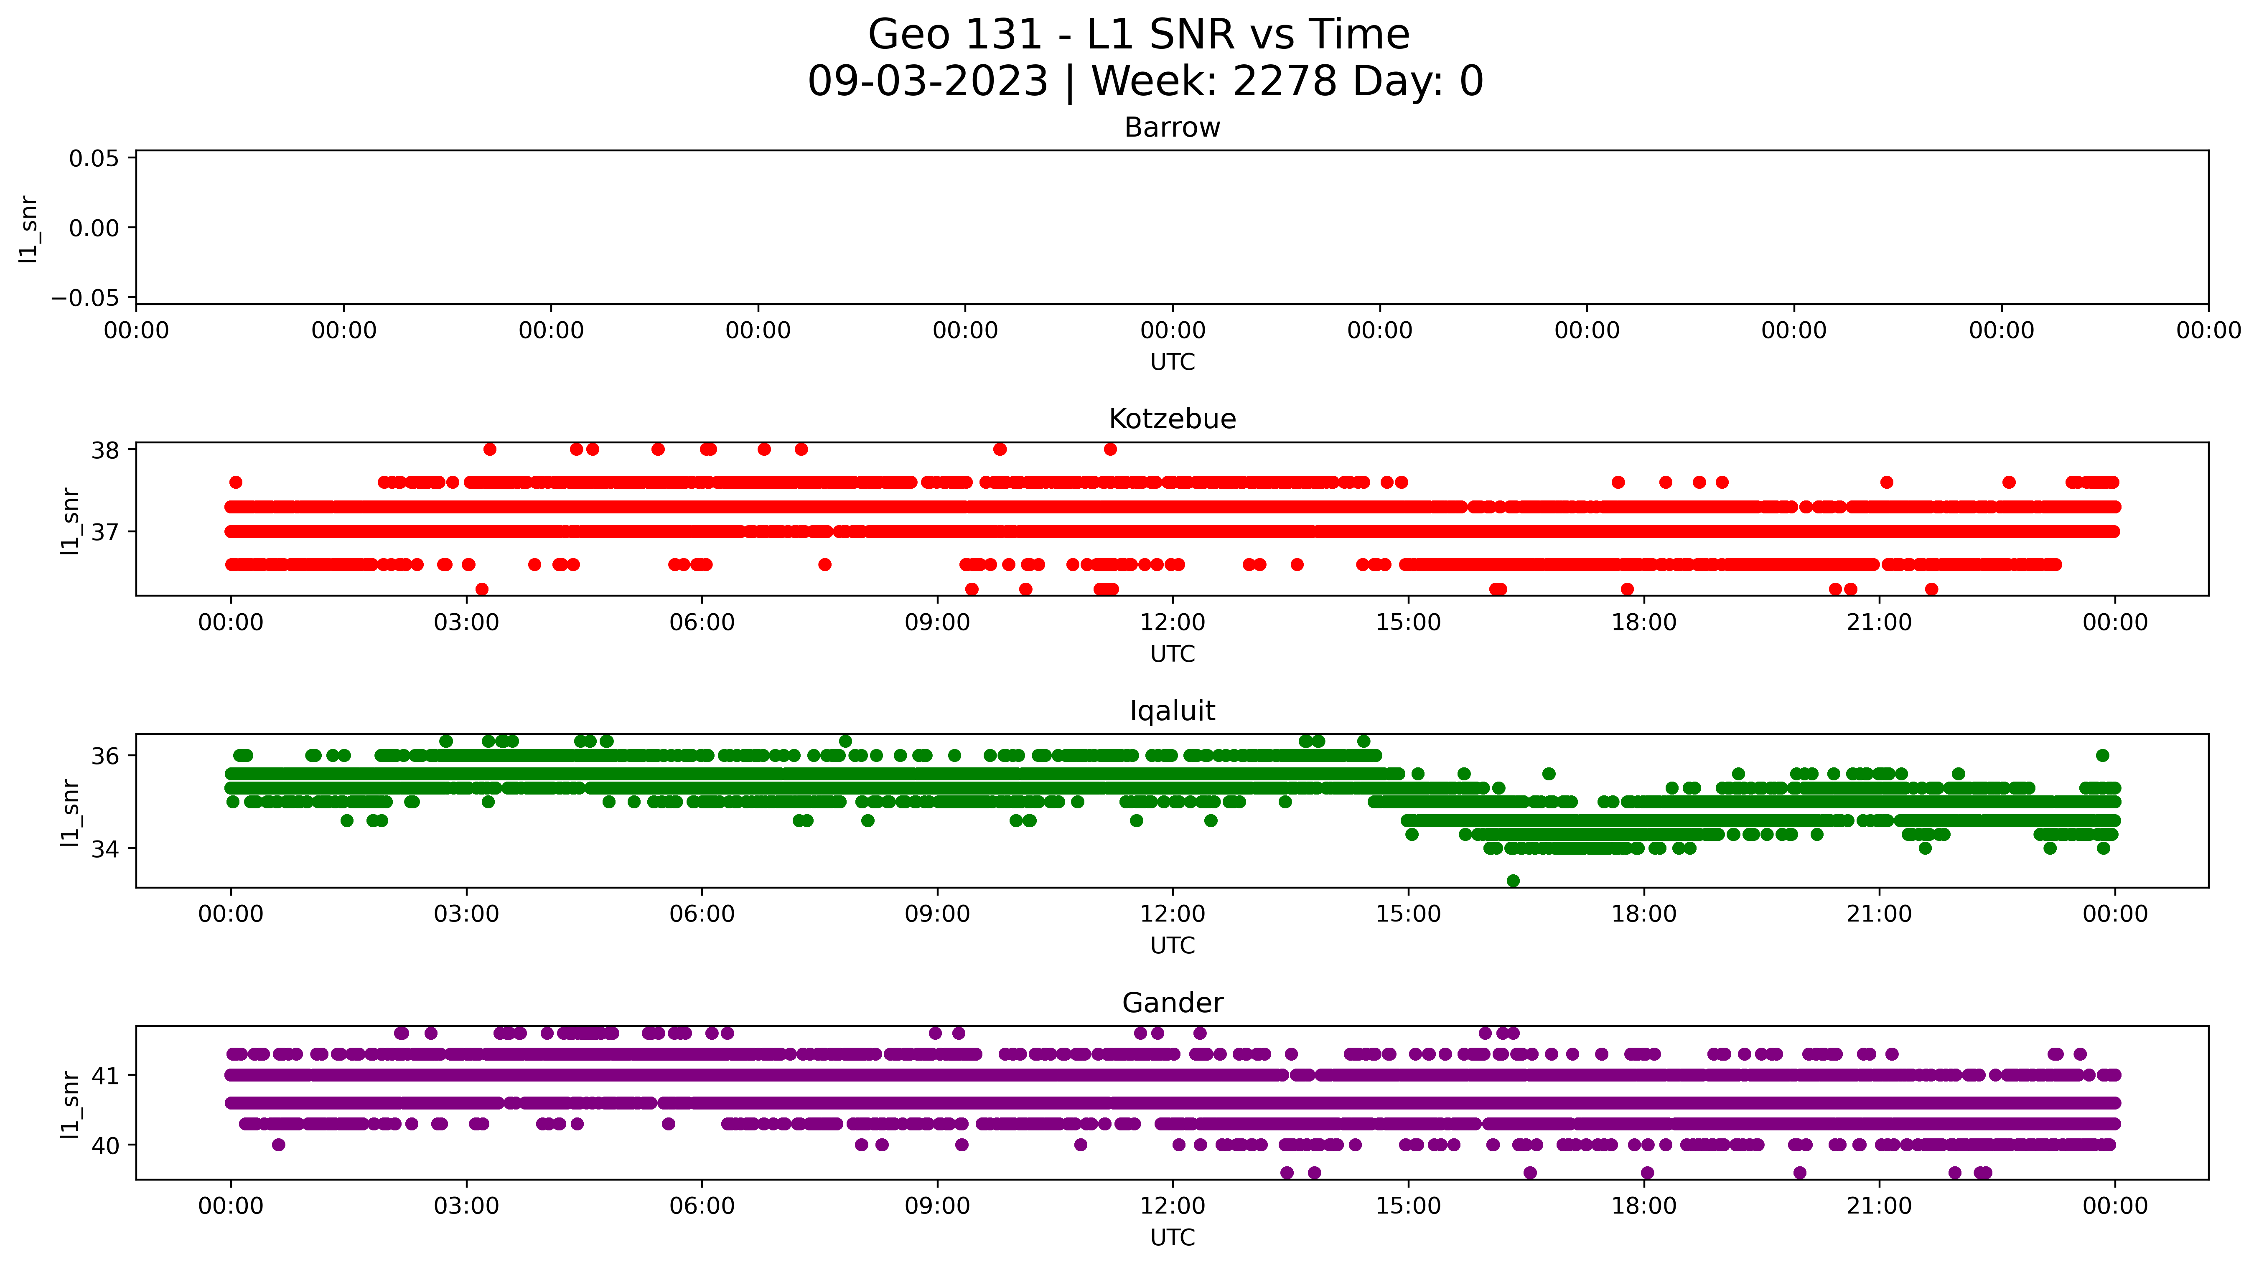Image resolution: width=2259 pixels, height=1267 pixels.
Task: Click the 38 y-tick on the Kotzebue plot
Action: [105, 451]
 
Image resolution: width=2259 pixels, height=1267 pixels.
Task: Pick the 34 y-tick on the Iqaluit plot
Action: [105, 849]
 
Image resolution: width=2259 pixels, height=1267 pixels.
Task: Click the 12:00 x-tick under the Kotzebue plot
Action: [1173, 622]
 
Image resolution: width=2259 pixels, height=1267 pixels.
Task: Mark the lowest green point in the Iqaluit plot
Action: [1513, 880]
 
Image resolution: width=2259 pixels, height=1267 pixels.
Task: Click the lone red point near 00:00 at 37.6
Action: [235, 482]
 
